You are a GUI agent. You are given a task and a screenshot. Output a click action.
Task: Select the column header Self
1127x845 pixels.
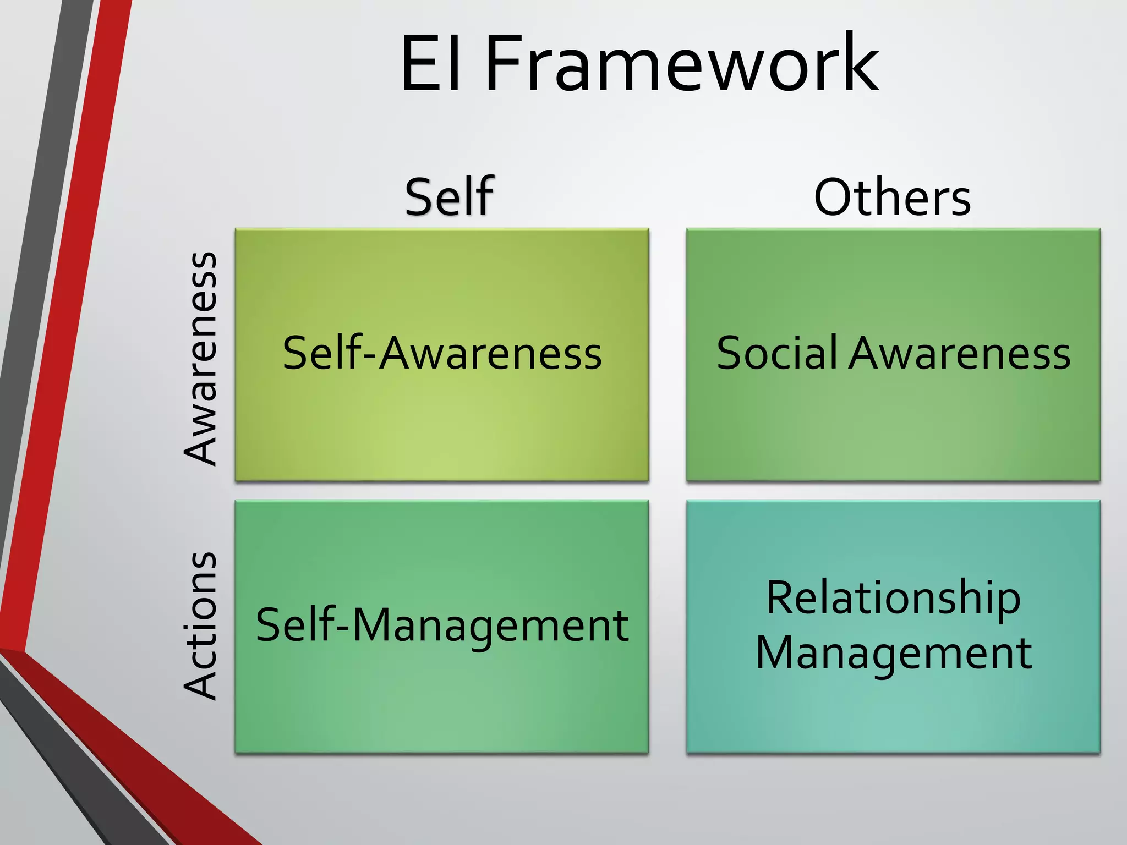[x=449, y=197]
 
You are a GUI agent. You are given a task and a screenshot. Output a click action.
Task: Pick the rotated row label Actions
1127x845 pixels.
[x=201, y=626]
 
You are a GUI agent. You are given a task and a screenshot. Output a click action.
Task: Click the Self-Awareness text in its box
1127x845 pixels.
[x=442, y=353]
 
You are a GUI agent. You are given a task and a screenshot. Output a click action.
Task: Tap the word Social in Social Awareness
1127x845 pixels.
[x=777, y=353]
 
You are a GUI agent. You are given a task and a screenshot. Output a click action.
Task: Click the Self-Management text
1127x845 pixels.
[x=442, y=625]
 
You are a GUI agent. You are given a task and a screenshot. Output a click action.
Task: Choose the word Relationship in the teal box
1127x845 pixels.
[x=893, y=599]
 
